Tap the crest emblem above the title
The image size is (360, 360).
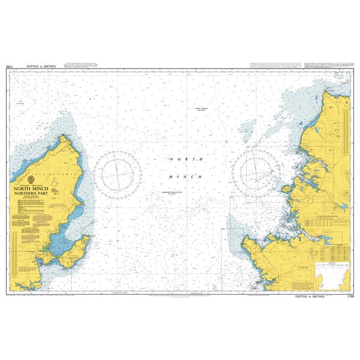tap(32, 179)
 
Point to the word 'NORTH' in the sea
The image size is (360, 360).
tap(179, 159)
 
